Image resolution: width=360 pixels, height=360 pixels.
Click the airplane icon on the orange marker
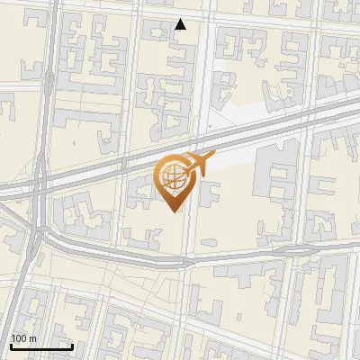(x=199, y=165)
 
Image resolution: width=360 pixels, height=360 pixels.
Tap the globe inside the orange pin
(x=173, y=178)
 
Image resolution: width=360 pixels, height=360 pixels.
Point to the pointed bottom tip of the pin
(x=173, y=211)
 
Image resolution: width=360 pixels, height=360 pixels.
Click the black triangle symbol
(x=181, y=25)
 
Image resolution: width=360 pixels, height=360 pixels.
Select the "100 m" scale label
(x=23, y=338)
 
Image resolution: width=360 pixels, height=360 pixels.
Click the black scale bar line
(x=41, y=346)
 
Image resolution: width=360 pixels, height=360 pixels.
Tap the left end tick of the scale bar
(x=11, y=345)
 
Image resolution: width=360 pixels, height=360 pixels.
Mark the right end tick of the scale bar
(x=72, y=345)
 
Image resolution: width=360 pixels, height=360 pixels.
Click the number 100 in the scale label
(x=19, y=338)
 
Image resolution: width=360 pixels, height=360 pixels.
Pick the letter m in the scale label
(x=32, y=338)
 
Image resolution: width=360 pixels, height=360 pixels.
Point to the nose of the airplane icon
(x=213, y=160)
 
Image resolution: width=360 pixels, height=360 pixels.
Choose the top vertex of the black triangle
(x=181, y=20)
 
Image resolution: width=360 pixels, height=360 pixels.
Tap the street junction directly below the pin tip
(x=184, y=261)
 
